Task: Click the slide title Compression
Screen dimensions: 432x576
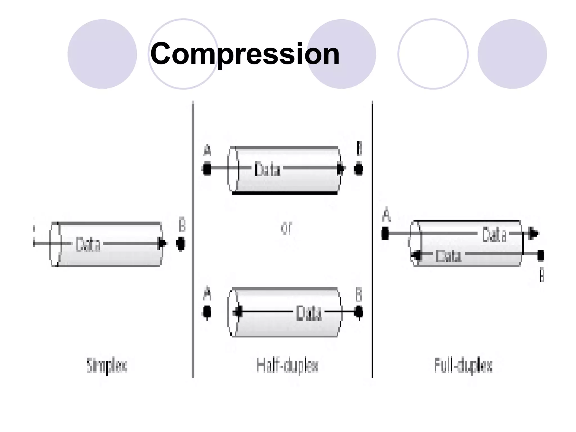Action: click(x=245, y=53)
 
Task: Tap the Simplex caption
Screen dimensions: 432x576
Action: click(x=107, y=366)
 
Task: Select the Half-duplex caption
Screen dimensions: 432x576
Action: click(x=287, y=366)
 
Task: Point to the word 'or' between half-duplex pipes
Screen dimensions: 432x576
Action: click(x=287, y=228)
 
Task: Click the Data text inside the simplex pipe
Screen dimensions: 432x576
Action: click(x=88, y=244)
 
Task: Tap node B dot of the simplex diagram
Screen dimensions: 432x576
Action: click(x=181, y=244)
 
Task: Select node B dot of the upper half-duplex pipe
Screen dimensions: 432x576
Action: click(x=358, y=169)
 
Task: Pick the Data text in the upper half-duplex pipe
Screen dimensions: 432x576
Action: click(x=267, y=169)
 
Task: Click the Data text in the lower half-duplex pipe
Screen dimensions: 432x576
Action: click(x=309, y=313)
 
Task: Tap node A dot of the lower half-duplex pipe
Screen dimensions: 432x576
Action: click(x=207, y=312)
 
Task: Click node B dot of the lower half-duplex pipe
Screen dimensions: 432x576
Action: click(x=358, y=312)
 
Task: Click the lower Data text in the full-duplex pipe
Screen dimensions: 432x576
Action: click(x=448, y=256)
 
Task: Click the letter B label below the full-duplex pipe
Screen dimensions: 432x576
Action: click(x=542, y=275)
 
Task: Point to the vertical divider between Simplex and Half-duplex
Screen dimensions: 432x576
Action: click(x=193, y=239)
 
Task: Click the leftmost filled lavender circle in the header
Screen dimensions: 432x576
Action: click(x=102, y=54)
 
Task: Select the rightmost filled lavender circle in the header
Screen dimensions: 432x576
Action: click(x=512, y=54)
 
